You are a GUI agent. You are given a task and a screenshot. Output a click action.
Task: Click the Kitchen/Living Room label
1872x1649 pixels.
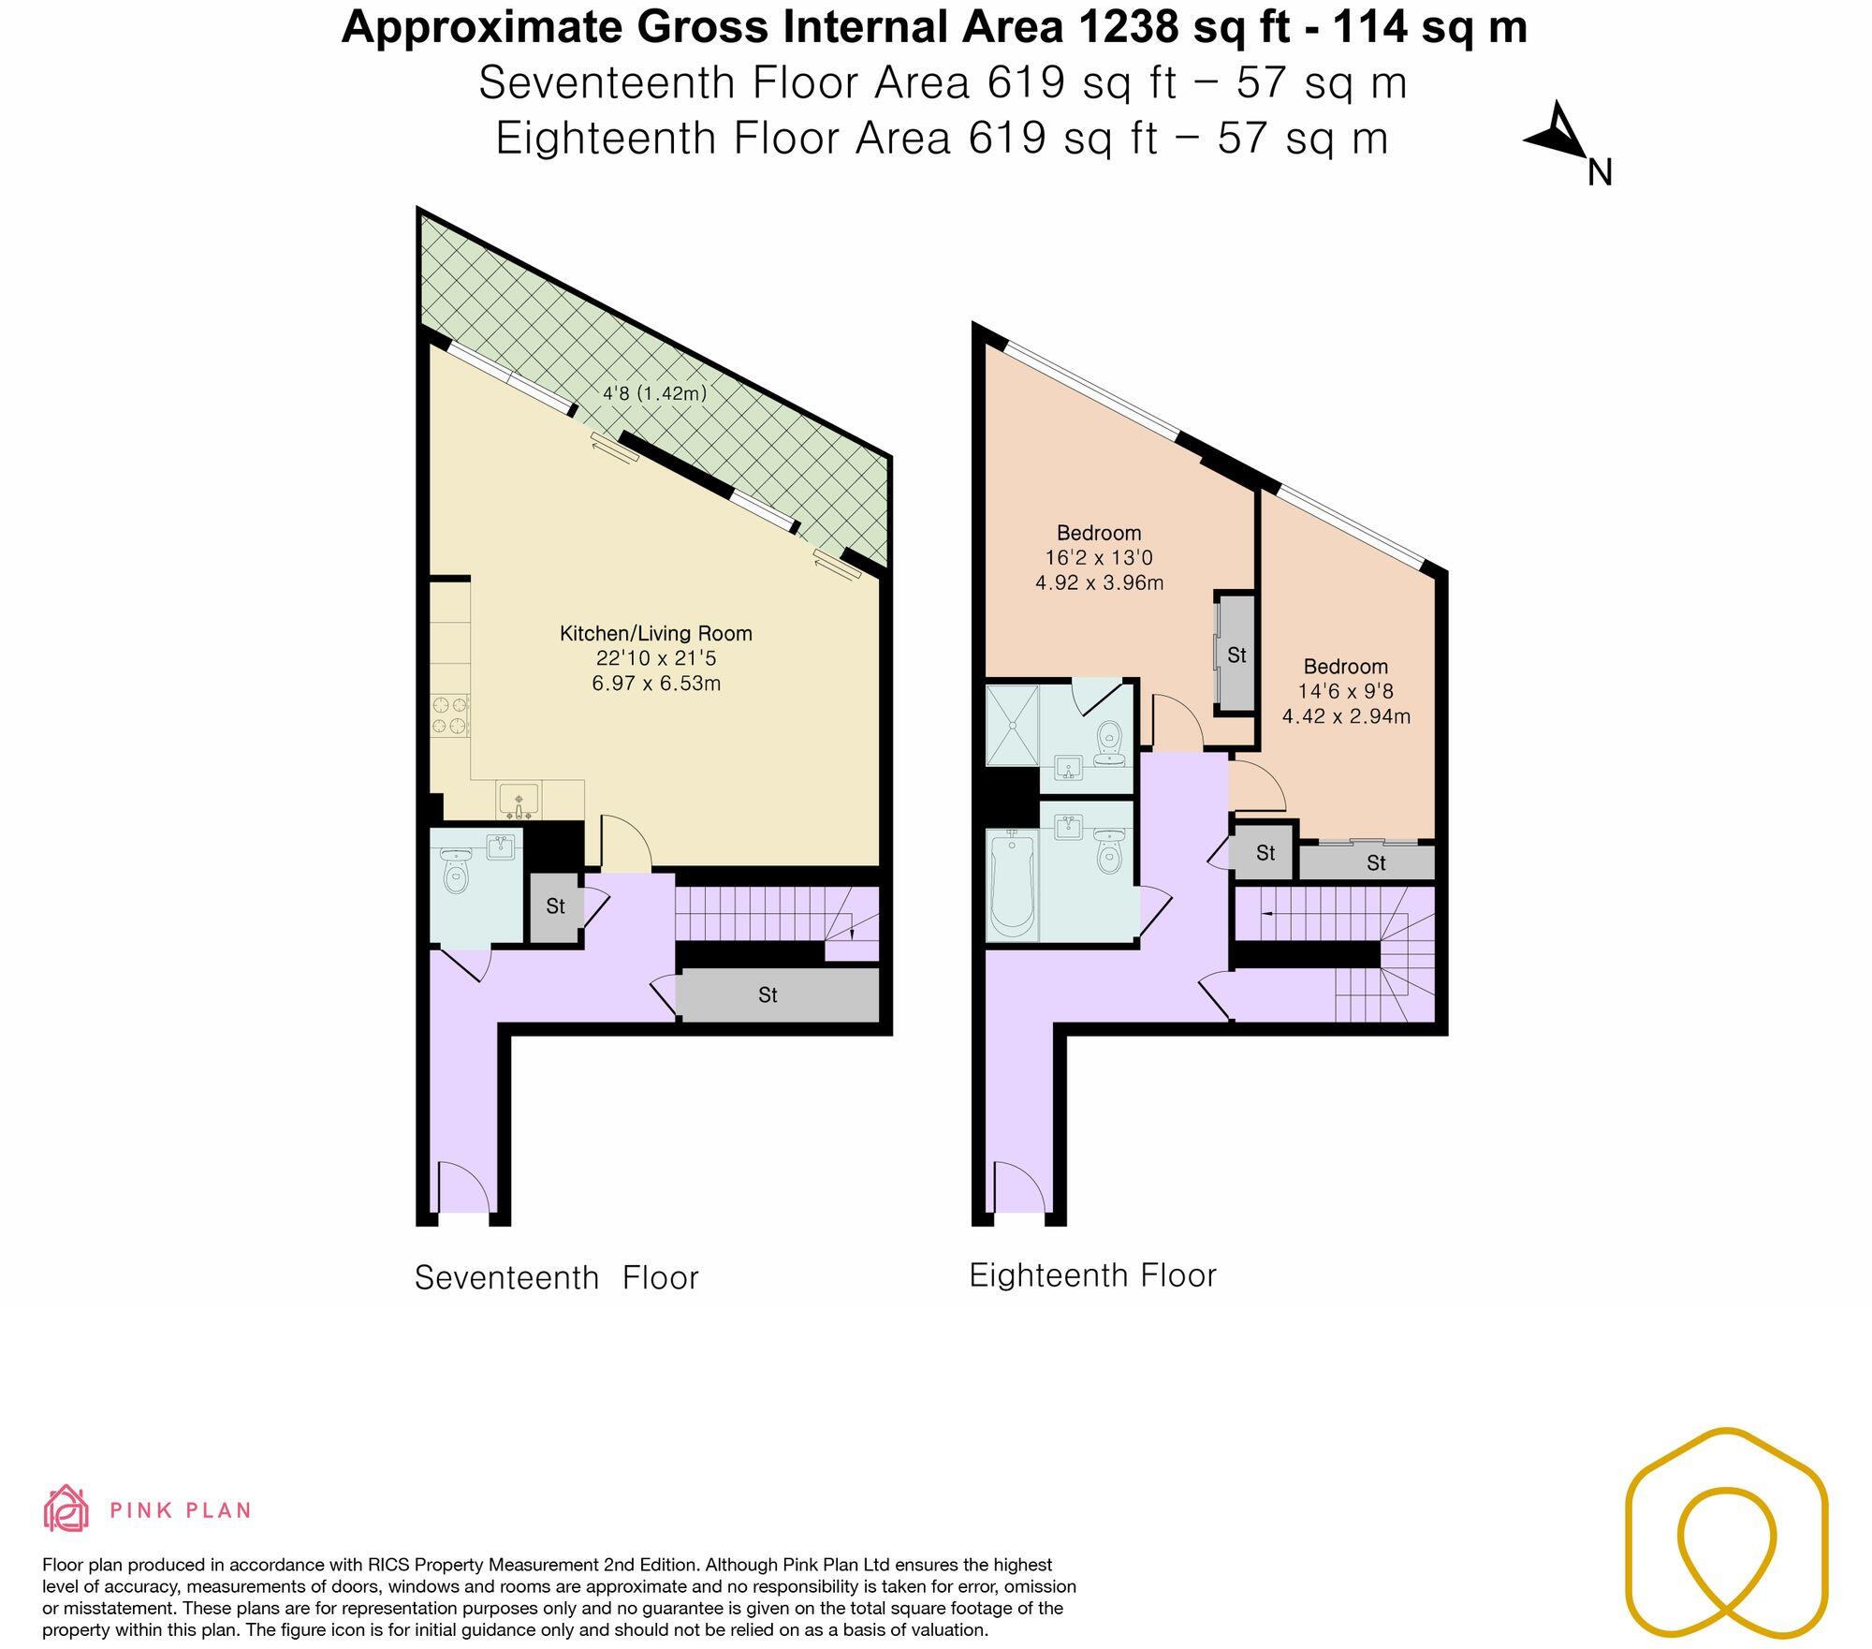655,633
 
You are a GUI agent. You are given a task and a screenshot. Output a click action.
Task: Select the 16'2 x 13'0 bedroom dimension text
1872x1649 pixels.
1099,558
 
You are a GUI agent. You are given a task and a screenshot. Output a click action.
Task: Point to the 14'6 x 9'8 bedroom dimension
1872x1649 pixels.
1345,692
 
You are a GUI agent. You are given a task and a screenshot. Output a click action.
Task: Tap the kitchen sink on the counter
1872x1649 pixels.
519,802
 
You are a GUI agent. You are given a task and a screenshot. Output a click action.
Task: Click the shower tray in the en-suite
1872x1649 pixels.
1012,725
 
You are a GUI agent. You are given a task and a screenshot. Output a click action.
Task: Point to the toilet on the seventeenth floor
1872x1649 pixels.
455,873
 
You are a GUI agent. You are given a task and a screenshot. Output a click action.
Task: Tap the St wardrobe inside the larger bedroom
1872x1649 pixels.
1236,655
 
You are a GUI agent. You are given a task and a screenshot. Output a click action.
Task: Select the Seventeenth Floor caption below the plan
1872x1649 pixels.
556,1277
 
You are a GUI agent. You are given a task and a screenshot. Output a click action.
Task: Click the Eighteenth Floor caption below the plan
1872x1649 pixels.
1091,1275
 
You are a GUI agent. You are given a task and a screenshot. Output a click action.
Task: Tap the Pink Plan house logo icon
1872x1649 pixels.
66,1509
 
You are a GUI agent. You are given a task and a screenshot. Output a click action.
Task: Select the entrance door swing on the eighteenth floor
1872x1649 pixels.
1017,1186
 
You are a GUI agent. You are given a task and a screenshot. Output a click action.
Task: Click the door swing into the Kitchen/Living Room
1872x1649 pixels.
624,843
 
